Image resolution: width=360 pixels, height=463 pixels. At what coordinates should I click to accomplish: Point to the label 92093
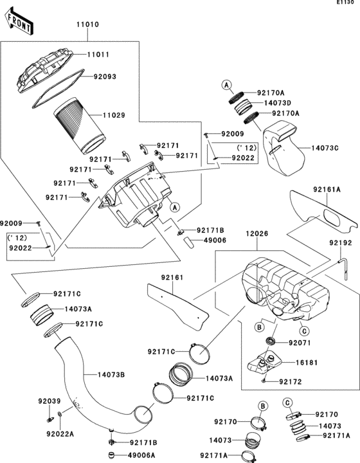pos(105,76)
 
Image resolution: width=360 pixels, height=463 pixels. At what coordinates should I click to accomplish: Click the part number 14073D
pos(278,103)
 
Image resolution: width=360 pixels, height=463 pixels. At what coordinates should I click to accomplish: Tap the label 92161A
pos(328,190)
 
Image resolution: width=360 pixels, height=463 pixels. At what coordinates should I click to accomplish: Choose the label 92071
pos(300,343)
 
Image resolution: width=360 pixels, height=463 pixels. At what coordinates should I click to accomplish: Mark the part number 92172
pos(292,382)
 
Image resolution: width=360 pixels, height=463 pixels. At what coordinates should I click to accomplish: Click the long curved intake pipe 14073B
pos(84,386)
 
